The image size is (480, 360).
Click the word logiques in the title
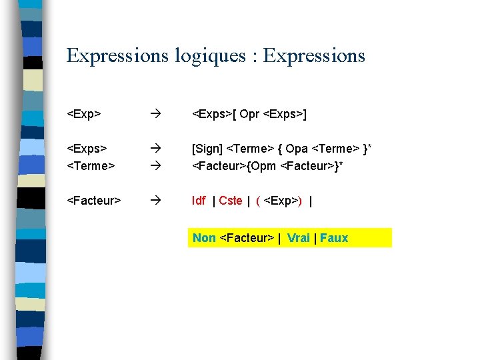coord(210,56)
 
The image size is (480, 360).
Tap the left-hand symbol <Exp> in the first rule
coord(84,115)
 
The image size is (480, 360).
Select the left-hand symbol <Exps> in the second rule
coord(87,149)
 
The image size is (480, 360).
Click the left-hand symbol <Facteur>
coord(94,201)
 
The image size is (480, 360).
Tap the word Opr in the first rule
coord(249,115)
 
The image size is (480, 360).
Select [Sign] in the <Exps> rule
coord(207,149)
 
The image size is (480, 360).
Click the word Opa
coord(297,149)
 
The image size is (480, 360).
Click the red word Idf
coord(199,201)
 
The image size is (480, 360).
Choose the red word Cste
coord(231,201)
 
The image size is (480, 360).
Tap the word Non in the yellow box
coord(204,238)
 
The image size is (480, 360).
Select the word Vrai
coord(299,238)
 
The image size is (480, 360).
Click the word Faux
coord(334,238)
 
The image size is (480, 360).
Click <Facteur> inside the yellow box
coord(247,238)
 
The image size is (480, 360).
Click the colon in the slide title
coord(255,57)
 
